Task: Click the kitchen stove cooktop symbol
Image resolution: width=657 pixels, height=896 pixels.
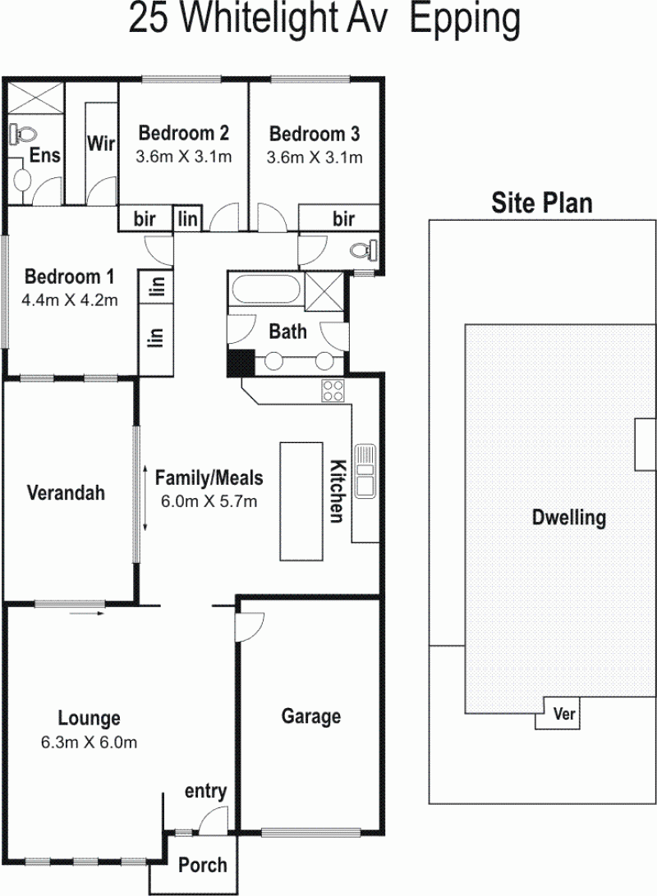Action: pyautogui.click(x=333, y=391)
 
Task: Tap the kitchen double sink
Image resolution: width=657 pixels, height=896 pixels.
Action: pyautogui.click(x=365, y=471)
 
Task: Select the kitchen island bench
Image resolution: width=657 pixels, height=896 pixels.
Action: pyautogui.click(x=301, y=501)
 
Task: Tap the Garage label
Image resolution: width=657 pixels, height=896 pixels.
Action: pyautogui.click(x=311, y=716)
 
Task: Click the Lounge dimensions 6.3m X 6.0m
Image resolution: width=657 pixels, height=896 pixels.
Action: pyautogui.click(x=90, y=743)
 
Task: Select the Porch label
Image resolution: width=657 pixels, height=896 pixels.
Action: pyautogui.click(x=202, y=865)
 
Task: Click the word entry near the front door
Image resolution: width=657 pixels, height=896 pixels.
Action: pyautogui.click(x=206, y=792)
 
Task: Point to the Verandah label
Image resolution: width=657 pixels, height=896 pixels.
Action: pyautogui.click(x=67, y=492)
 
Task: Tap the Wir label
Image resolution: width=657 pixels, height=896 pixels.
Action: pyautogui.click(x=101, y=144)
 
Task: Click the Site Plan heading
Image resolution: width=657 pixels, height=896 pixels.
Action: pyautogui.click(x=541, y=203)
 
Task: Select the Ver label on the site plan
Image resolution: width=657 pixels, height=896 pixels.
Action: pyautogui.click(x=564, y=713)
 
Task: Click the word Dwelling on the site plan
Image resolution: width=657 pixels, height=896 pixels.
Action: pyautogui.click(x=569, y=518)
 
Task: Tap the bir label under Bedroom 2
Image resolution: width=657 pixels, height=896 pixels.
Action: pyautogui.click(x=145, y=218)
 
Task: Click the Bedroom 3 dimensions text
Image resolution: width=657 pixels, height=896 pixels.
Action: pyautogui.click(x=315, y=158)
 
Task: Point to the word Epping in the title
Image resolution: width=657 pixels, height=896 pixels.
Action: pyautogui.click(x=465, y=20)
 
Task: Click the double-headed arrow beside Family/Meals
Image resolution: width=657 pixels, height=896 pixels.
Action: pyautogui.click(x=145, y=499)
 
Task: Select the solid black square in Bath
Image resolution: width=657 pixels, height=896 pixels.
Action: pyautogui.click(x=241, y=363)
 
